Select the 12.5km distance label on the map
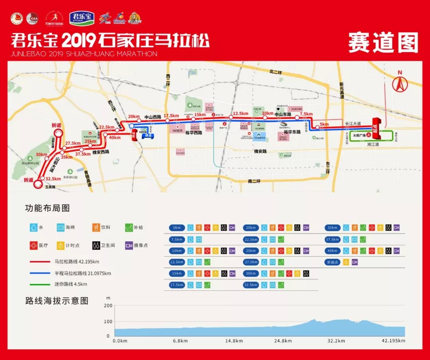click(x=241, y=113)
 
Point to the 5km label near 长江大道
click(x=324, y=124)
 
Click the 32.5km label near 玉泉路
click(x=53, y=179)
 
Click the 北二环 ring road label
click(x=275, y=72)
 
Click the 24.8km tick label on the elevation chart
click(x=283, y=341)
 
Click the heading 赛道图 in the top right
click(x=383, y=43)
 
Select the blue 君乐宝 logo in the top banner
click(x=81, y=18)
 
